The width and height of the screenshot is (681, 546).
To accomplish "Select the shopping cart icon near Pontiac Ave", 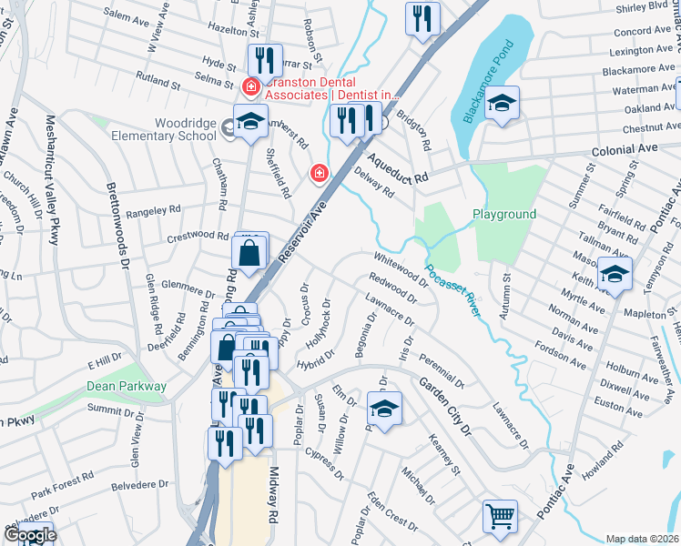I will pyautogui.click(x=500, y=516).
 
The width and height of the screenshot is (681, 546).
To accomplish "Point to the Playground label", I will pyautogui.click(x=503, y=214).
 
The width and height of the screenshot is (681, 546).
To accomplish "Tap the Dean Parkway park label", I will pyautogui.click(x=127, y=386).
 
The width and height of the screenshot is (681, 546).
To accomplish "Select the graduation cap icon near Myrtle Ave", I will pyautogui.click(x=615, y=273).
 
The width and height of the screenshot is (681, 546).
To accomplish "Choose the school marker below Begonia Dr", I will pyautogui.click(x=384, y=409).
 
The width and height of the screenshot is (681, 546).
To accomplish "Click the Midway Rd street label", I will pyautogui.click(x=273, y=496).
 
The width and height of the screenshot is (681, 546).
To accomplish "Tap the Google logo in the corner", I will pyautogui.click(x=29, y=535).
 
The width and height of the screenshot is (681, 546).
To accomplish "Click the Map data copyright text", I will pyautogui.click(x=643, y=539).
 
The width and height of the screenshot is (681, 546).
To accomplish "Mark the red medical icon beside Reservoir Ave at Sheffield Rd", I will pyautogui.click(x=319, y=172).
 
